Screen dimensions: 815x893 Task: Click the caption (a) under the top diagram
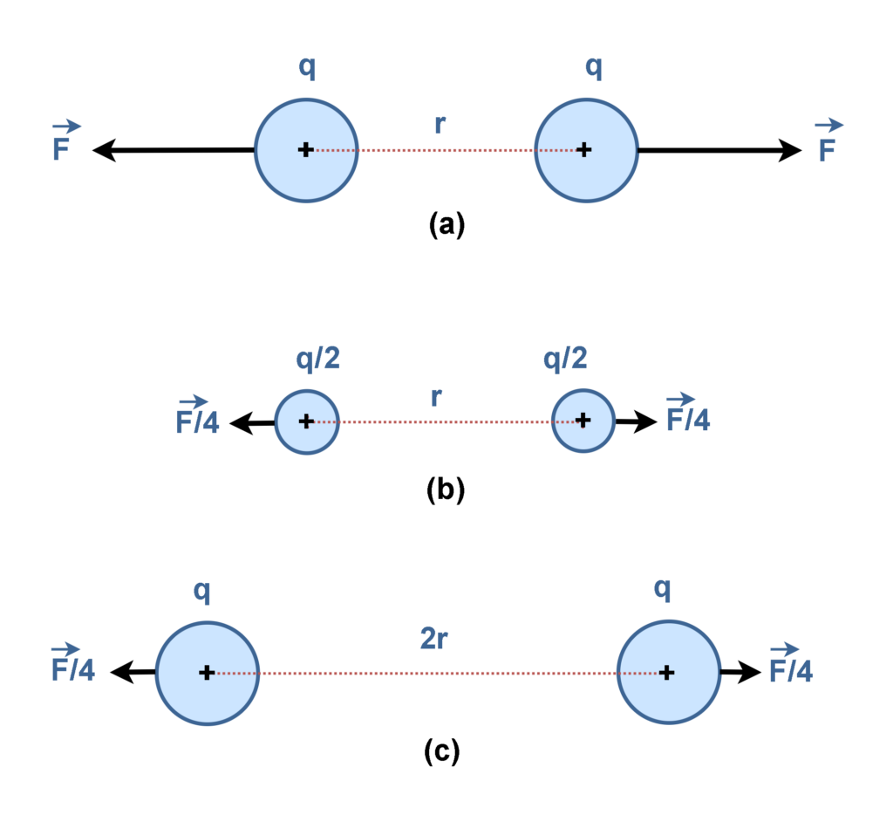[x=447, y=225]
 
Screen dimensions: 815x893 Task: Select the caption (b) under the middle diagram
[x=446, y=490]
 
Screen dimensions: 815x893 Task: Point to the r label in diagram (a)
[x=442, y=124]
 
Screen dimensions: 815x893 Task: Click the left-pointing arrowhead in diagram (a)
[x=106, y=150]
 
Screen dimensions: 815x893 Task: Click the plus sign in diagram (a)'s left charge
[x=305, y=150]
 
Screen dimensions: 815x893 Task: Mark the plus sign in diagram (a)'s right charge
[x=584, y=150]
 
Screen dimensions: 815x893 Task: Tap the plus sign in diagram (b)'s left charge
[x=306, y=421]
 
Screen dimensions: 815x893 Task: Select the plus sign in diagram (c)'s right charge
[x=666, y=673]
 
